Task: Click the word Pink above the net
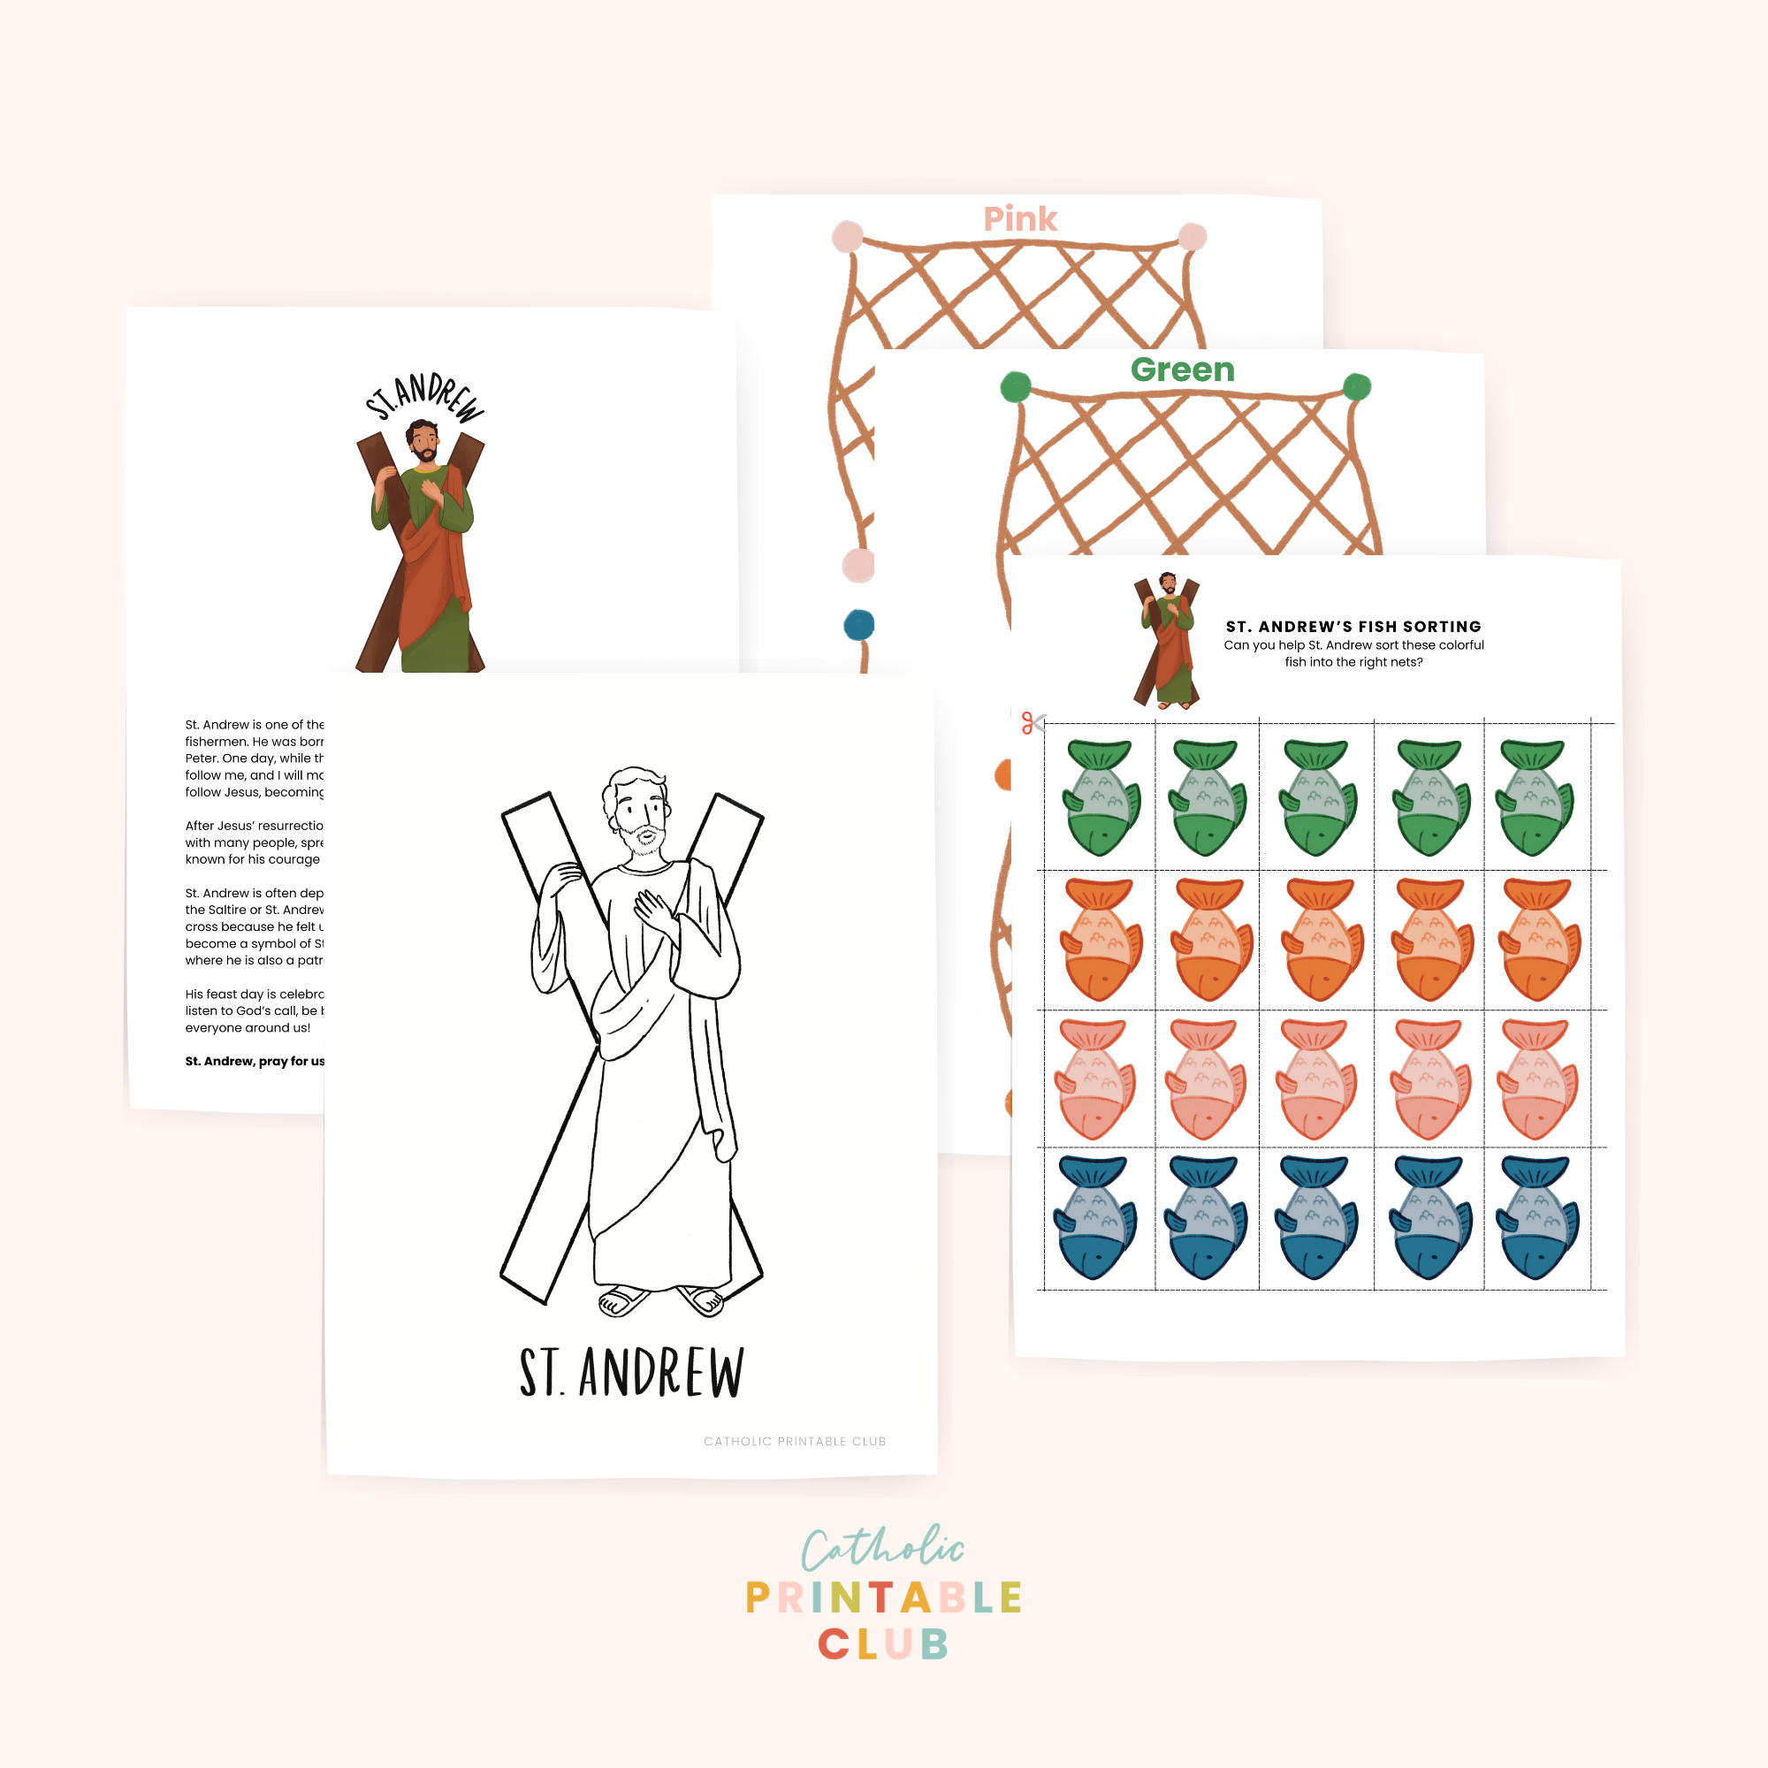tap(1019, 219)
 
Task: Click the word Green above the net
tap(1182, 370)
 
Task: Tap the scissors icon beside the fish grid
tap(1033, 723)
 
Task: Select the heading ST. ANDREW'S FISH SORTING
tap(1353, 627)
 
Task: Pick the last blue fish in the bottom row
tap(1537, 1217)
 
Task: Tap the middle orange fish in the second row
tap(1321, 940)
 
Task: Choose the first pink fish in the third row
tap(1094, 1080)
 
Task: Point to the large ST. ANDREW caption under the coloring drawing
tap(631, 1373)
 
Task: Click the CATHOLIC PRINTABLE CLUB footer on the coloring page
tap(795, 1441)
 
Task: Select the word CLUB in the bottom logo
tap(883, 1644)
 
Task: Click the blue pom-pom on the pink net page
tap(858, 626)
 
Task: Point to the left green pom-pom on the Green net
tap(1016, 387)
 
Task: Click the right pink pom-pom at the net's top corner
tap(1192, 236)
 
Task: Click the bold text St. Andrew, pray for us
tap(255, 1062)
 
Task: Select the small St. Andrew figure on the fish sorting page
tap(1167, 641)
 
